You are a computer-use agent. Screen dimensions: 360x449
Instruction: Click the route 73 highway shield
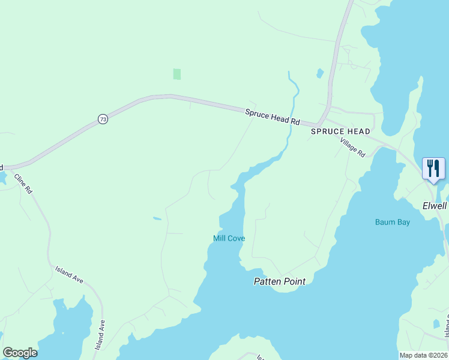pos(103,119)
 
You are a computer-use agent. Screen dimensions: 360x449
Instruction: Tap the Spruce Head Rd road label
pos(273,116)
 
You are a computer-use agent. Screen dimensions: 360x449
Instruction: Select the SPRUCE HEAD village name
pos(340,131)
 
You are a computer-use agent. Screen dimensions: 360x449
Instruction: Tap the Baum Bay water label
pos(393,222)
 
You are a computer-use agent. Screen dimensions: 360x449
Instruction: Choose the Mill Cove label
pos(229,238)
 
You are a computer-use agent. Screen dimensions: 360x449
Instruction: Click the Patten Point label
pos(279,281)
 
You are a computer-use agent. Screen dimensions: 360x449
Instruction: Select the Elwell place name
pos(435,205)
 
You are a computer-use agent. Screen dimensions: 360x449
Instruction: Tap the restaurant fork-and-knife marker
pos(433,168)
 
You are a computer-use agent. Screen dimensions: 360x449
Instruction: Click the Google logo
pos(20,353)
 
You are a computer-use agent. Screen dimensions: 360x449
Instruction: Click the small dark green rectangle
pos(177,74)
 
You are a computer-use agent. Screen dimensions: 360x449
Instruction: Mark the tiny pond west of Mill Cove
pos(157,218)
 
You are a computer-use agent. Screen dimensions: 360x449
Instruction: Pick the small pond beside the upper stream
pos(320,74)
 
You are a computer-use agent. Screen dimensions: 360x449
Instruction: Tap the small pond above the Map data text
pos(436,324)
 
